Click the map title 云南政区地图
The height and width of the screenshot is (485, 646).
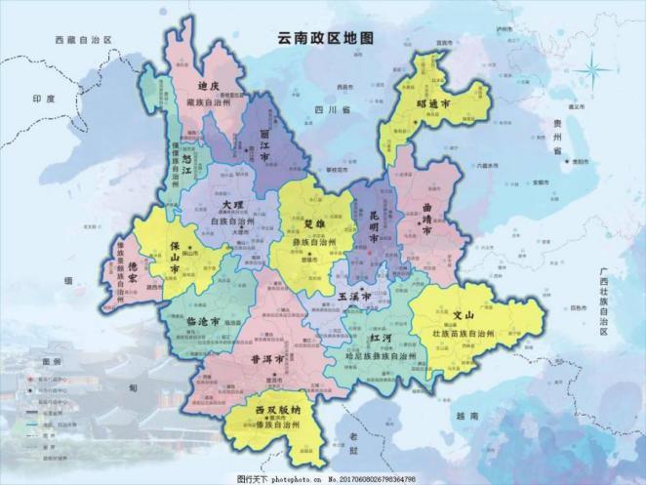(x=326, y=39)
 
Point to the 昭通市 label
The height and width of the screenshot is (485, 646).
(x=432, y=102)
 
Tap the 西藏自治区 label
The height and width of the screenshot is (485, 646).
(x=85, y=40)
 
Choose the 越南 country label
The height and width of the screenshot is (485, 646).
(x=471, y=417)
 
